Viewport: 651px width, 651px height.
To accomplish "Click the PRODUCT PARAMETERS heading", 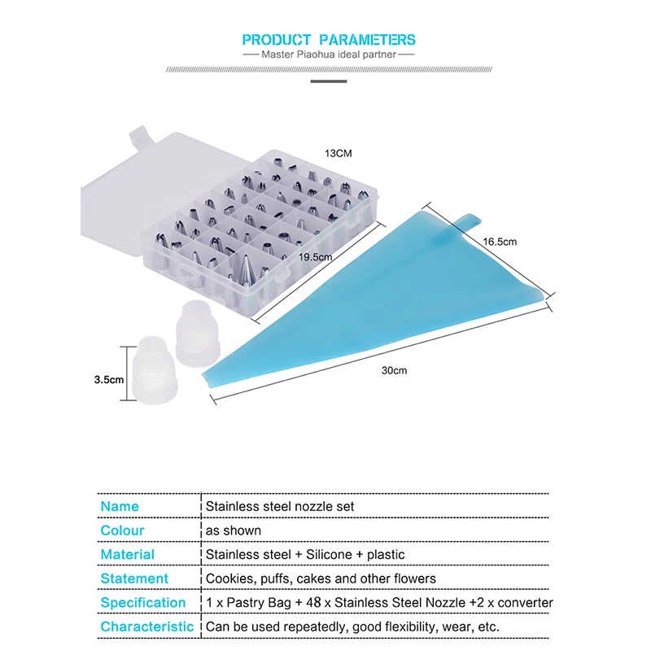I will tap(329, 39).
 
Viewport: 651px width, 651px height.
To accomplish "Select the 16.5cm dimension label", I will tap(500, 242).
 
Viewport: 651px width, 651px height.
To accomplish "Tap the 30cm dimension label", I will tap(394, 370).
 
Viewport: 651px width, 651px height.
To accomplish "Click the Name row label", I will tap(120, 506).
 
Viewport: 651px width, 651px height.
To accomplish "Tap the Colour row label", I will tap(122, 531).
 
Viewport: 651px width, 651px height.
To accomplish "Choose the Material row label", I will tap(127, 554).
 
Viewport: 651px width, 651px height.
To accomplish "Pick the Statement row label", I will tap(134, 579).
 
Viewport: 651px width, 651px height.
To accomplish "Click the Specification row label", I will tap(143, 602).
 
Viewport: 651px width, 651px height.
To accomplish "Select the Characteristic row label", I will tap(147, 627).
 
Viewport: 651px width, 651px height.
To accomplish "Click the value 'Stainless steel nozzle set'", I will tap(279, 506).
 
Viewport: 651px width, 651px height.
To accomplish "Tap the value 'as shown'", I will tap(233, 531).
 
